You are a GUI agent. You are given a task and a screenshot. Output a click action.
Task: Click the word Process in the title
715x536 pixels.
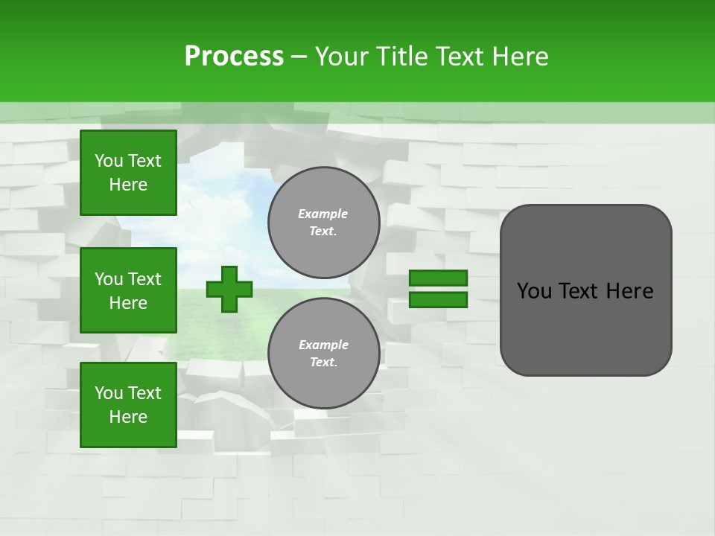pos(234,57)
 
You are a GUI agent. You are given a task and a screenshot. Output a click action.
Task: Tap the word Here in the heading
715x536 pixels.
pos(520,57)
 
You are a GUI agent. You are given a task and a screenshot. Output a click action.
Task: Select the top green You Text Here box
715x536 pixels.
pos(128,173)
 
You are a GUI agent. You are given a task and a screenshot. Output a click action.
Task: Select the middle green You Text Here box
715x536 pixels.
pos(128,290)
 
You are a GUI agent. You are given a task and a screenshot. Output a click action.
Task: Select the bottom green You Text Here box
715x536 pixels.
pos(128,404)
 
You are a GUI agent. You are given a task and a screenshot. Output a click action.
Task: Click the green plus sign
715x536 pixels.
pos(229,289)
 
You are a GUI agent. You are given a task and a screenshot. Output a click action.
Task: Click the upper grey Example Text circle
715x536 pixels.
pos(323,223)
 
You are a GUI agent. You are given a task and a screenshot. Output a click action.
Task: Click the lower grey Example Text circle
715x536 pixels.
pos(323,354)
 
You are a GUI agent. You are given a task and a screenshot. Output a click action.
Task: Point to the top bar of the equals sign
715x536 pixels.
pos(439,278)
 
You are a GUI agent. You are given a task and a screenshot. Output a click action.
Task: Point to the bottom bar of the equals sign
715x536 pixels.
pos(439,300)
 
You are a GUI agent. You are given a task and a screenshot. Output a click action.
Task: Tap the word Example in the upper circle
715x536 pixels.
pos(323,214)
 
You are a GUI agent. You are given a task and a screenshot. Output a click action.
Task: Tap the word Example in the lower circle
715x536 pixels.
pos(323,345)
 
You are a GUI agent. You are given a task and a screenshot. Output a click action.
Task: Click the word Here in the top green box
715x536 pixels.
pos(128,185)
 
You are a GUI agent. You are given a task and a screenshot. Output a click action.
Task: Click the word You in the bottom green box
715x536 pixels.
pos(108,393)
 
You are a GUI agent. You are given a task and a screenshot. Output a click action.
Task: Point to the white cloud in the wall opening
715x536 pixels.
pos(223,212)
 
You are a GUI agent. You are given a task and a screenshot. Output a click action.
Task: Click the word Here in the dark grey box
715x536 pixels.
pos(629,291)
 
